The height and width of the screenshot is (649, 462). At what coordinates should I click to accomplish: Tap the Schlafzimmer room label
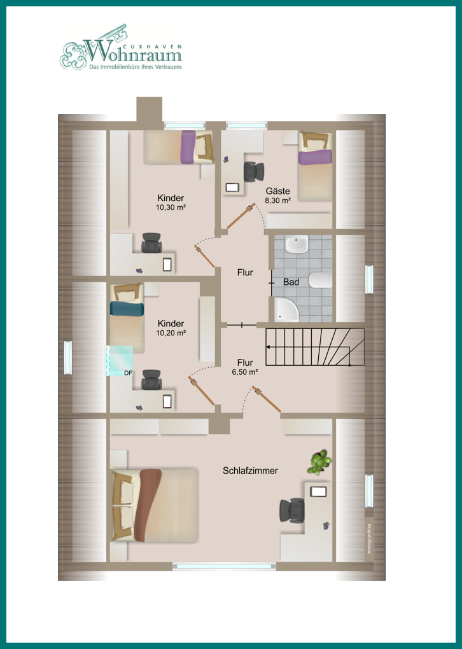click(x=250, y=471)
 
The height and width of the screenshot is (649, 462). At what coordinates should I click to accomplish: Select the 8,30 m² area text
click(x=278, y=200)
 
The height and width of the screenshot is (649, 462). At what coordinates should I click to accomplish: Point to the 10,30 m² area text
click(x=171, y=207)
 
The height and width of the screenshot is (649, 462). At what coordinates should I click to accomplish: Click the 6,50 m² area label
click(x=245, y=372)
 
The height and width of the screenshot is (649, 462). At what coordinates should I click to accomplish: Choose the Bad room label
click(x=291, y=283)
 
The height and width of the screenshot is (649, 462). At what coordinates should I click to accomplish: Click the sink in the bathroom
click(x=297, y=244)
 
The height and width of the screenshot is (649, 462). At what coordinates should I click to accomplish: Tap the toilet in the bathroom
click(x=321, y=280)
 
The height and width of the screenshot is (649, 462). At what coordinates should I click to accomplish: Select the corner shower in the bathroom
click(x=286, y=309)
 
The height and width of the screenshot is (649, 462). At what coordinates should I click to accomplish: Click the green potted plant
click(x=319, y=461)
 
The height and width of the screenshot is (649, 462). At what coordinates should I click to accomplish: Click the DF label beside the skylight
click(x=129, y=373)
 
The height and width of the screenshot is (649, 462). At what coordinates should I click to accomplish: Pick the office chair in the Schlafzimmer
click(x=292, y=510)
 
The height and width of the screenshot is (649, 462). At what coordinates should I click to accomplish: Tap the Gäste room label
click(x=278, y=192)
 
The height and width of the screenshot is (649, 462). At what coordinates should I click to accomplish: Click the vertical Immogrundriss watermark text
click(x=369, y=540)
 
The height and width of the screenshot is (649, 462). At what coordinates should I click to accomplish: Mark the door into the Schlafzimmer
click(x=267, y=400)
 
